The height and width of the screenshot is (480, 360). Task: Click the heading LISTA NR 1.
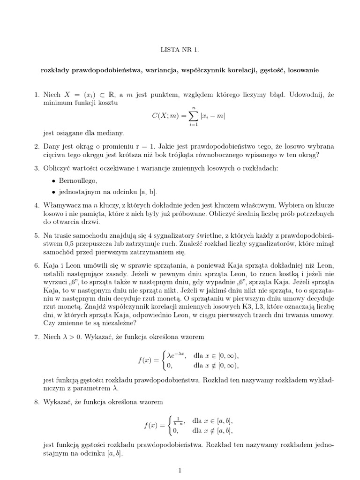pyautogui.click(x=180, y=49)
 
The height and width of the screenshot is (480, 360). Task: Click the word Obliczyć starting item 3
pyautogui.click(x=58, y=168)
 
